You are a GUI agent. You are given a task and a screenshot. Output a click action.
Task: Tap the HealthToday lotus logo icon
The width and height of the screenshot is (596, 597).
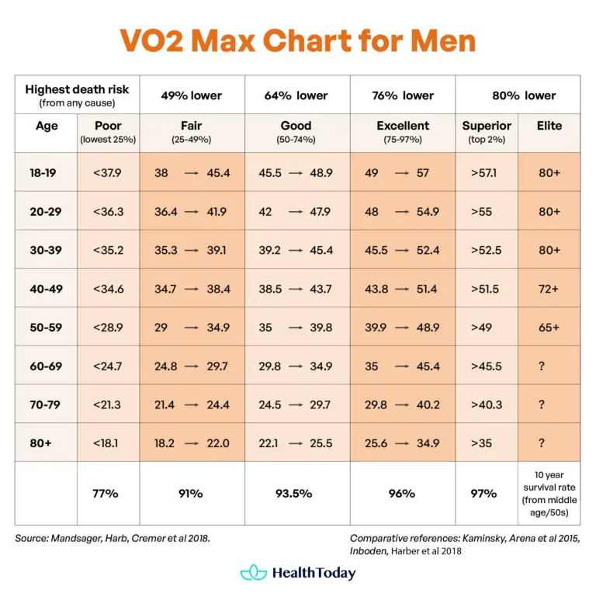click(253, 573)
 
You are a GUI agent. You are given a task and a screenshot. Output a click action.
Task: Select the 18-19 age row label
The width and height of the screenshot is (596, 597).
click(46, 172)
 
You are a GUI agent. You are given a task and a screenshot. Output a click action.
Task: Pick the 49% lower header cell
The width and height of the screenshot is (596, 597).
click(191, 95)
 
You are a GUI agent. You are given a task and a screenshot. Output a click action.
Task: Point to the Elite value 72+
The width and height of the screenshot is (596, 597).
click(549, 289)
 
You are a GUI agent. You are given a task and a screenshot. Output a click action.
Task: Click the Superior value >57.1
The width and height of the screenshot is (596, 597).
click(482, 172)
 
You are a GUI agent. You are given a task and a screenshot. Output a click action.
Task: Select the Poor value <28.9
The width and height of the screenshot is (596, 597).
click(107, 328)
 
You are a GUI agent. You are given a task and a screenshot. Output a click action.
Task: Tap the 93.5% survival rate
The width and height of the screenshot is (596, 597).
click(296, 493)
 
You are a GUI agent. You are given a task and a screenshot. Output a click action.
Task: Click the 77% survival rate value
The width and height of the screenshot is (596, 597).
click(107, 493)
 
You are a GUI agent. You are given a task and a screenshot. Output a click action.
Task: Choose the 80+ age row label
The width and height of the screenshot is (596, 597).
click(46, 443)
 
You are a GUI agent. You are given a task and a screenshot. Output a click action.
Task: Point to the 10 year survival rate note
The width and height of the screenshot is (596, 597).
click(549, 493)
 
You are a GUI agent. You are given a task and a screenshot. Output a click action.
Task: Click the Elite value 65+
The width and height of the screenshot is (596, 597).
click(549, 328)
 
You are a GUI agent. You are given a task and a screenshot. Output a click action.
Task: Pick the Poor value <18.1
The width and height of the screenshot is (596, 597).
click(107, 443)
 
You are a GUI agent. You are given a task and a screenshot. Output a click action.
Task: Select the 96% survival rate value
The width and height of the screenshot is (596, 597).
click(402, 493)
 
